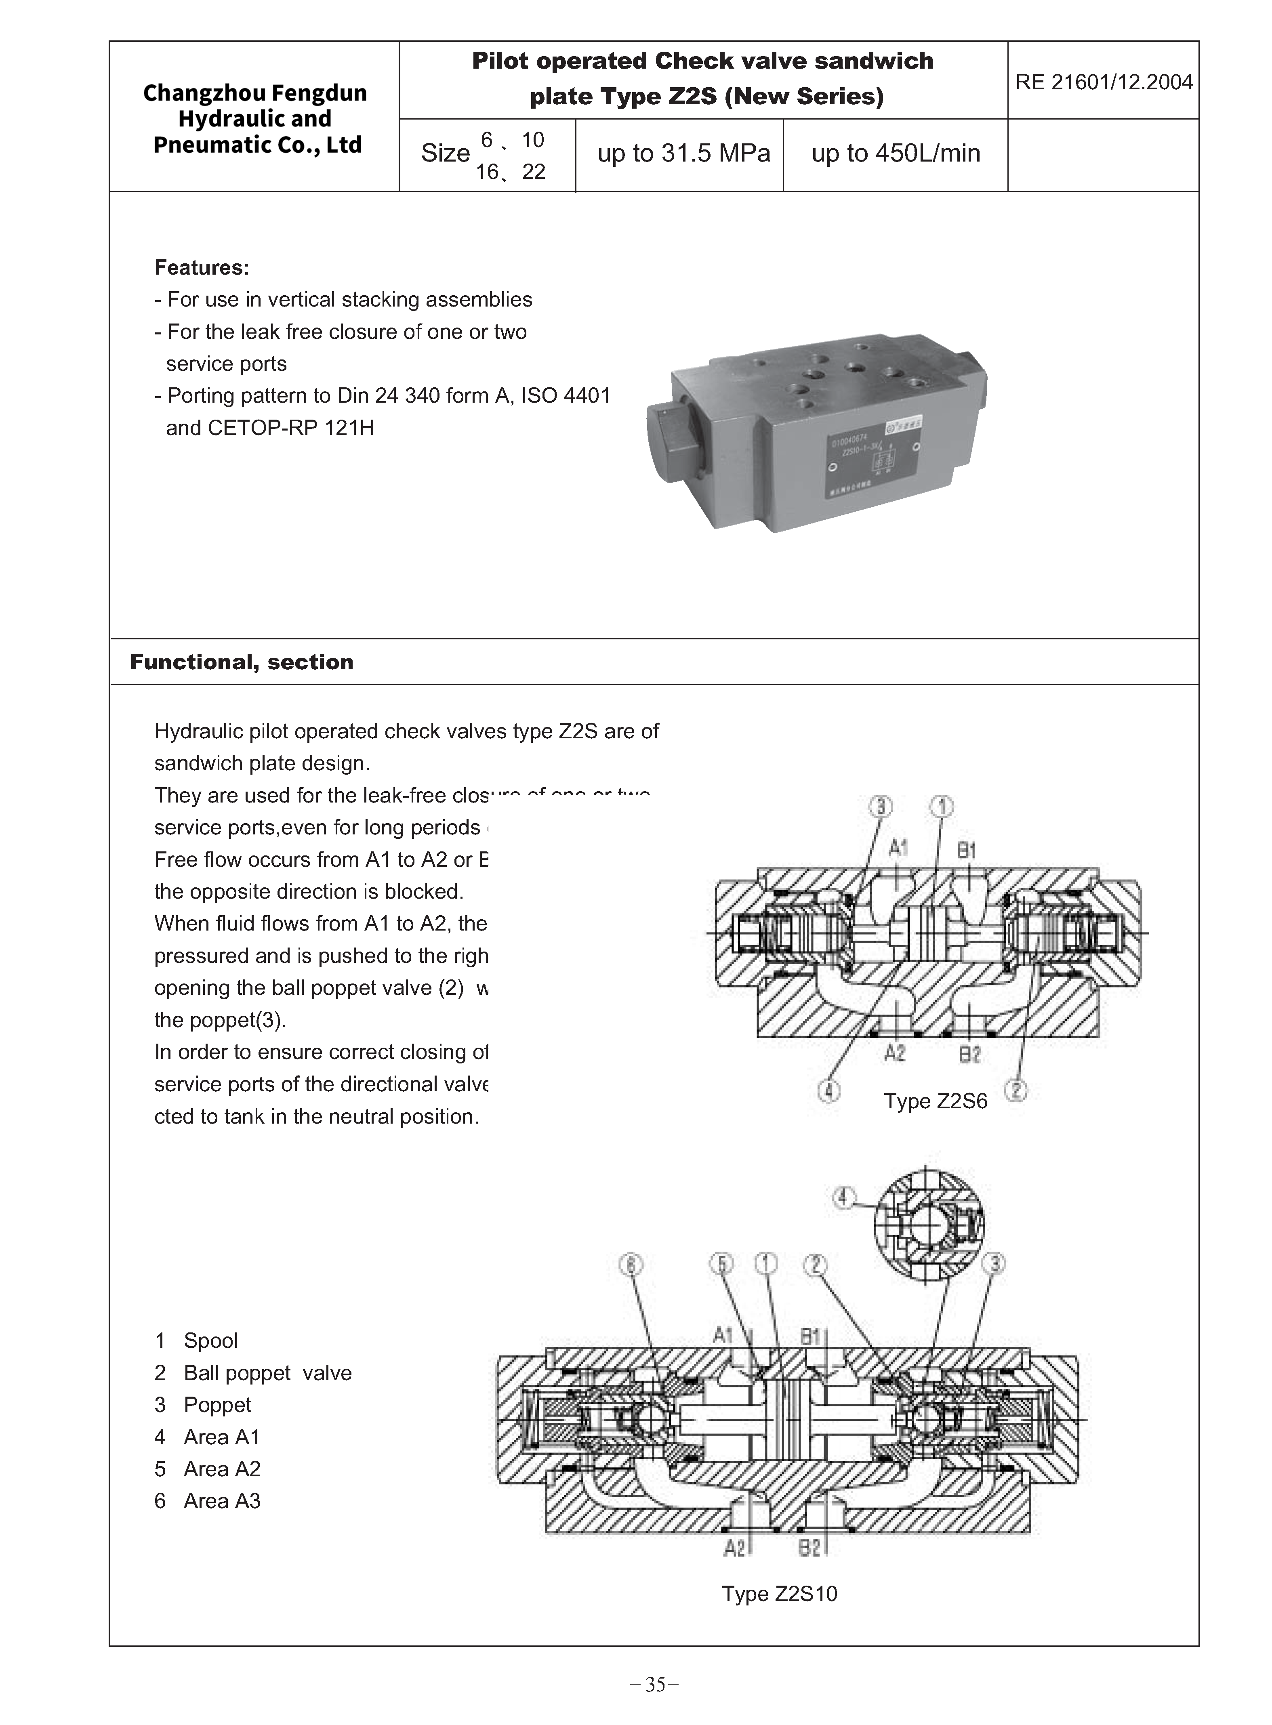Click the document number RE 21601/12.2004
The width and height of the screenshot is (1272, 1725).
pyautogui.click(x=1104, y=82)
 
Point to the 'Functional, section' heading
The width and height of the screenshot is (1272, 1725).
pyautogui.click(x=241, y=662)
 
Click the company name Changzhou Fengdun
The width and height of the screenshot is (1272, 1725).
pyautogui.click(x=255, y=93)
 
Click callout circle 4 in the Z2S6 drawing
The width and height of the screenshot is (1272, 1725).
pyautogui.click(x=828, y=1091)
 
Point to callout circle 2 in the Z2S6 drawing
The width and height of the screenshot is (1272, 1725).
pyautogui.click(x=1016, y=1091)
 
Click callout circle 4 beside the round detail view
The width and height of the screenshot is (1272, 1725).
pyautogui.click(x=845, y=1198)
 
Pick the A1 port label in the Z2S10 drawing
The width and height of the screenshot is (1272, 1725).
pyautogui.click(x=722, y=1334)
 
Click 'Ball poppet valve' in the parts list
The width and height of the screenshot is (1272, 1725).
pyautogui.click(x=267, y=1372)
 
